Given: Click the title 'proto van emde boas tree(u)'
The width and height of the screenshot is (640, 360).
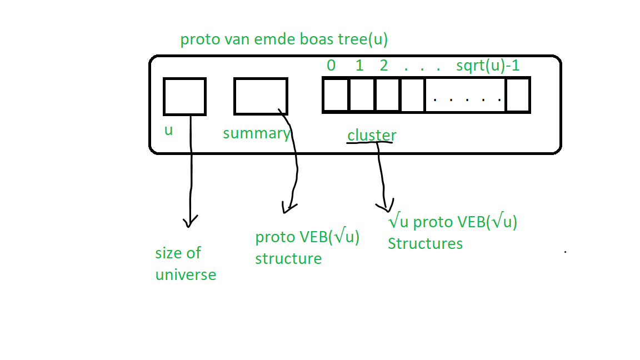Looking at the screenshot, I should pyautogui.click(x=283, y=40).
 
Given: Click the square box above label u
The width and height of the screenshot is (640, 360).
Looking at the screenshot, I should pyautogui.click(x=184, y=96).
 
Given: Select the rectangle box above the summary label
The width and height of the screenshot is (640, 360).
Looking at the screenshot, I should pyautogui.click(x=261, y=96).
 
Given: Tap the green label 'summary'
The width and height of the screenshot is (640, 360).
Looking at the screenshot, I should pyautogui.click(x=256, y=133).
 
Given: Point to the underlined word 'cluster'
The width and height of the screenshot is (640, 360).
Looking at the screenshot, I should pyautogui.click(x=372, y=135).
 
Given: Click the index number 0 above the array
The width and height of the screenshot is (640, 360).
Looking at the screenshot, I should pyautogui.click(x=331, y=66).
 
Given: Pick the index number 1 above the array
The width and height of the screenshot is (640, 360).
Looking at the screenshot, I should pyautogui.click(x=359, y=66).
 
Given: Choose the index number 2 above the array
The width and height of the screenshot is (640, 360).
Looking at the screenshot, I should pyautogui.click(x=384, y=66).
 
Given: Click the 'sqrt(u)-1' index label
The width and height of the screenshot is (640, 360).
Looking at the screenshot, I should pyautogui.click(x=488, y=66).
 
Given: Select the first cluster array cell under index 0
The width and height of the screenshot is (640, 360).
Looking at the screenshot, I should pyautogui.click(x=336, y=96).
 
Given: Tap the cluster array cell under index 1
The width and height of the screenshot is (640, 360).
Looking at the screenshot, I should pyautogui.click(x=362, y=96).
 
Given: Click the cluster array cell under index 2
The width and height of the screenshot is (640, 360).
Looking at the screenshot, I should pyautogui.click(x=387, y=96).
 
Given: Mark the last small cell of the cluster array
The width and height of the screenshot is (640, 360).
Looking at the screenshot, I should pyautogui.click(x=517, y=96).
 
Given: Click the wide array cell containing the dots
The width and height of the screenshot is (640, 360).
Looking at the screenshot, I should pyautogui.click(x=466, y=96).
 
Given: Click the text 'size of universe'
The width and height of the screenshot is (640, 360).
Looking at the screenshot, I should pyautogui.click(x=185, y=264).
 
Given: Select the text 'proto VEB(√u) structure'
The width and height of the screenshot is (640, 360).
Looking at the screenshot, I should pyautogui.click(x=307, y=248).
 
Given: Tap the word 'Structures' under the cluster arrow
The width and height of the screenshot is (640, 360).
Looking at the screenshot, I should pyautogui.click(x=425, y=244).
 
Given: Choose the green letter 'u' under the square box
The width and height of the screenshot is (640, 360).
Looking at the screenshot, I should pyautogui.click(x=168, y=131).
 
